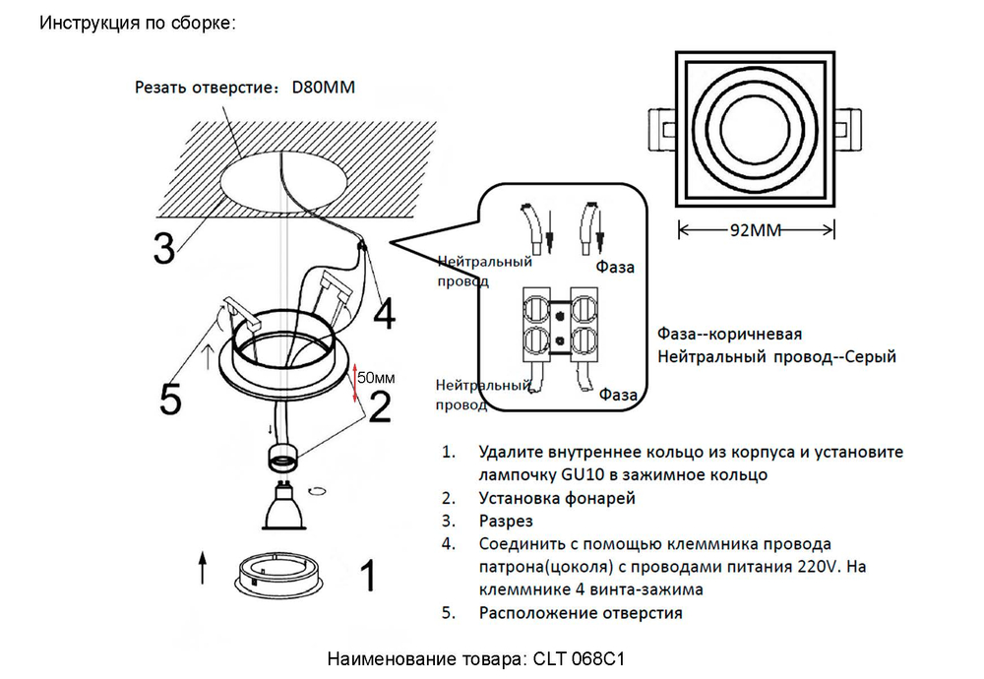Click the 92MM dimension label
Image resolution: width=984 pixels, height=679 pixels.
point(758,231)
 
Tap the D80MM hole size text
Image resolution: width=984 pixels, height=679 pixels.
point(323,88)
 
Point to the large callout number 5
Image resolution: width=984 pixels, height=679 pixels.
point(171,400)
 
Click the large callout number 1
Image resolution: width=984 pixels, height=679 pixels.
point(366,576)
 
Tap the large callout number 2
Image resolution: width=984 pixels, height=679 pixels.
point(380,402)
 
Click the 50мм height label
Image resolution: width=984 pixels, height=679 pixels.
point(376,377)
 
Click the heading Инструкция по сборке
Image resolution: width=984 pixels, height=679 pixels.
point(138,23)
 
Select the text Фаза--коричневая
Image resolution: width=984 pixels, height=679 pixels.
point(730,334)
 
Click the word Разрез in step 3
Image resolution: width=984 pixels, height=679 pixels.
point(506,521)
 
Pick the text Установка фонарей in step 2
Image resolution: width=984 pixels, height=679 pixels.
point(557,498)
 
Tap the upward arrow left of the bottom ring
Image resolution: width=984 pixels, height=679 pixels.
point(203,568)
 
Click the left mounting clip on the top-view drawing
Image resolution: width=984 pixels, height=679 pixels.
point(660,129)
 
